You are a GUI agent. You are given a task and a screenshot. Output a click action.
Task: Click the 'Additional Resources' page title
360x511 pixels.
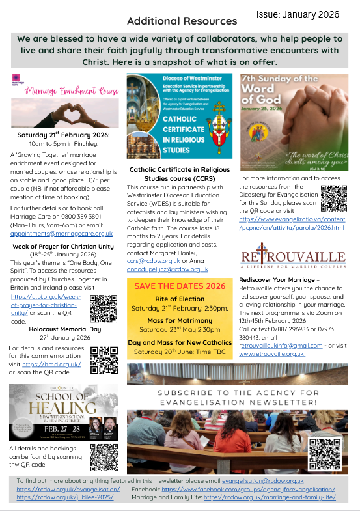point(182,21)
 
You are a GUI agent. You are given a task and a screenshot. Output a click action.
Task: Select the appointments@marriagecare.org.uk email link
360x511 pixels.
point(61,233)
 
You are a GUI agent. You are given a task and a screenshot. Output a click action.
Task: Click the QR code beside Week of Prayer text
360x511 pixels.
point(103,309)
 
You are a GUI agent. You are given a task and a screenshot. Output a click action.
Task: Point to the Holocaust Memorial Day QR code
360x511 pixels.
point(104,359)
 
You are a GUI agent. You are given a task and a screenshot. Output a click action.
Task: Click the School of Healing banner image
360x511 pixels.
point(64,412)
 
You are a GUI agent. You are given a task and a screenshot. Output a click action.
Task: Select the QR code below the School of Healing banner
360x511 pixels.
point(104,457)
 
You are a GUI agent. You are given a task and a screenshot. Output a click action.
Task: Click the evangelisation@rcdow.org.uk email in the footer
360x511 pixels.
point(264,480)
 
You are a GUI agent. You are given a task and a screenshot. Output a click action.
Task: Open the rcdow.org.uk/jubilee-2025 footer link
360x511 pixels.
point(65,497)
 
